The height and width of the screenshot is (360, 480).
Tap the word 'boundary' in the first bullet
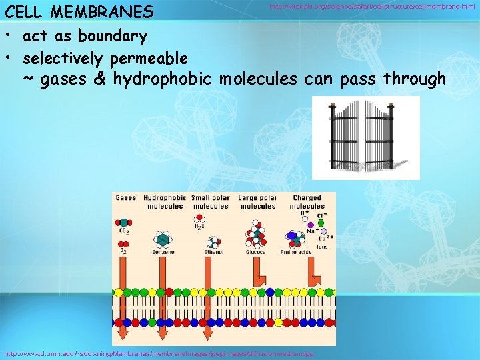(112, 35)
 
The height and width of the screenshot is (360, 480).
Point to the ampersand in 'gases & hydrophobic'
(100, 80)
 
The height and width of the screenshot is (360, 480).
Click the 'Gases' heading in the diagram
(125, 198)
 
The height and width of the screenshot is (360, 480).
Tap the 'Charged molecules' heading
(307, 202)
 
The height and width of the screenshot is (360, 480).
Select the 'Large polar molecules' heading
(257, 202)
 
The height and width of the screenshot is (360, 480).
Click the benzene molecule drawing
(162, 239)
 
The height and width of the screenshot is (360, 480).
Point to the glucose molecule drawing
(255, 235)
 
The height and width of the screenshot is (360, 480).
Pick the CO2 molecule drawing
(124, 222)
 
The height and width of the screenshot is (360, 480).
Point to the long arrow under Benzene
(162, 293)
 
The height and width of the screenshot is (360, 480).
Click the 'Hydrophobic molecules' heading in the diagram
(165, 202)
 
